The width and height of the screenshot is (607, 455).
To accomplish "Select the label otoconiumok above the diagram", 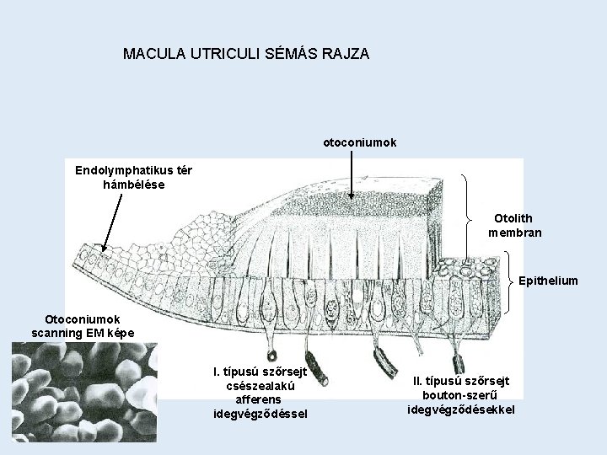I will [x=360, y=142].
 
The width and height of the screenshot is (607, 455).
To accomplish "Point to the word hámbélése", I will [x=133, y=184].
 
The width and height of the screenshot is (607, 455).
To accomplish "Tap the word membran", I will [x=514, y=232].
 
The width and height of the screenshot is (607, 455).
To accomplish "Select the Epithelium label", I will [x=548, y=281].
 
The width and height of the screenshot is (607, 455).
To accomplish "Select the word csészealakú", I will [x=261, y=385].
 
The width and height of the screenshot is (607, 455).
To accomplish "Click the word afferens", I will [x=260, y=399].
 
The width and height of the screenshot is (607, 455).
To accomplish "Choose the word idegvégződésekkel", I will [x=460, y=409].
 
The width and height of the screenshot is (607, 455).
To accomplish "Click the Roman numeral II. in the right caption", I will [x=419, y=381].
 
